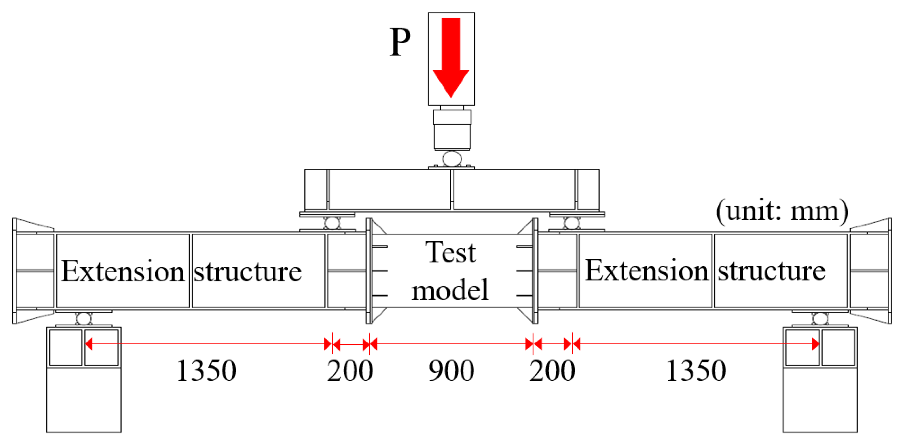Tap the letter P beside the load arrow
click(400, 42)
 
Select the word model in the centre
click(450, 290)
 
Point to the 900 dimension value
click(451, 371)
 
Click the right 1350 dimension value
click(696, 371)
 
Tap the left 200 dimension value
click(350, 371)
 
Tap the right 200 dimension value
click(552, 371)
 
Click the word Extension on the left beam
click(123, 271)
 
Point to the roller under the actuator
click(451, 159)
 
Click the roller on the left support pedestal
click(84, 319)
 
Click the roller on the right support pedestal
click(820, 319)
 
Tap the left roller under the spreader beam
click(332, 223)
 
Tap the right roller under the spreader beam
click(571, 223)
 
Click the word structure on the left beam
click(247, 272)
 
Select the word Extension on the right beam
click(646, 270)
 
